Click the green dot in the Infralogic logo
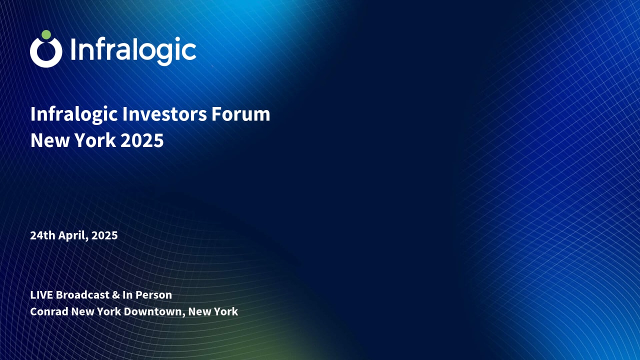tap(46, 35)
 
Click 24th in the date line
tap(41, 235)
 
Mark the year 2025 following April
tap(105, 235)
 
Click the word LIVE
tap(41, 295)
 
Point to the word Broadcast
tap(82, 295)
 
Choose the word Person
tap(154, 295)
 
